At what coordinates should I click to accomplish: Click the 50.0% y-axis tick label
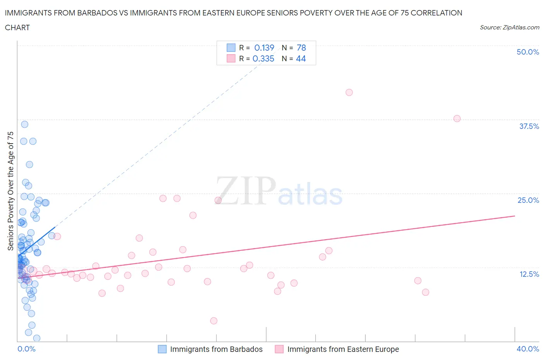click(x=528, y=52)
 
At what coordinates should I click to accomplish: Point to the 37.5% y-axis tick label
click(x=529, y=126)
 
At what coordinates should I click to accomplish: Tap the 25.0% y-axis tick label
click(x=528, y=200)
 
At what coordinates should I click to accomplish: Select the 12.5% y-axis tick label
click(x=529, y=274)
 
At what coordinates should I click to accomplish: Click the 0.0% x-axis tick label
click(x=26, y=349)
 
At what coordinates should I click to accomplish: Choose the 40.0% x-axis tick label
click(x=528, y=349)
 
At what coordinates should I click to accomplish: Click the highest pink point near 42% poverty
click(x=349, y=92)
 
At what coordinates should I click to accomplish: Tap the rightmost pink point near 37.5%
click(x=457, y=118)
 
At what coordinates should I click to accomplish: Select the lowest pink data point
click(x=214, y=321)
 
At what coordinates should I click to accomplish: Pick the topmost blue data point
click(x=24, y=124)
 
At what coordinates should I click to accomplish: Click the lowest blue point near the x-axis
click(x=37, y=338)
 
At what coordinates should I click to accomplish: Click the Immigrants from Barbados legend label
click(x=216, y=349)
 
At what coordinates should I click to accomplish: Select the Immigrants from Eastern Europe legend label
click(x=343, y=349)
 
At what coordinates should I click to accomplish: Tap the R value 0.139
click(x=264, y=48)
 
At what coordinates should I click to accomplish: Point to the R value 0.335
click(x=263, y=58)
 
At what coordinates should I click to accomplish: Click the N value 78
click(x=301, y=48)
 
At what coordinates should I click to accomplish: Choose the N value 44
click(x=301, y=58)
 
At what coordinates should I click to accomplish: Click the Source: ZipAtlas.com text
click(x=509, y=27)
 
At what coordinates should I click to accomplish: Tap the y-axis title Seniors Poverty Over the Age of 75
click(x=11, y=191)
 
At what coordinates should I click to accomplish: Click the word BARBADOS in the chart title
click(x=94, y=13)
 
